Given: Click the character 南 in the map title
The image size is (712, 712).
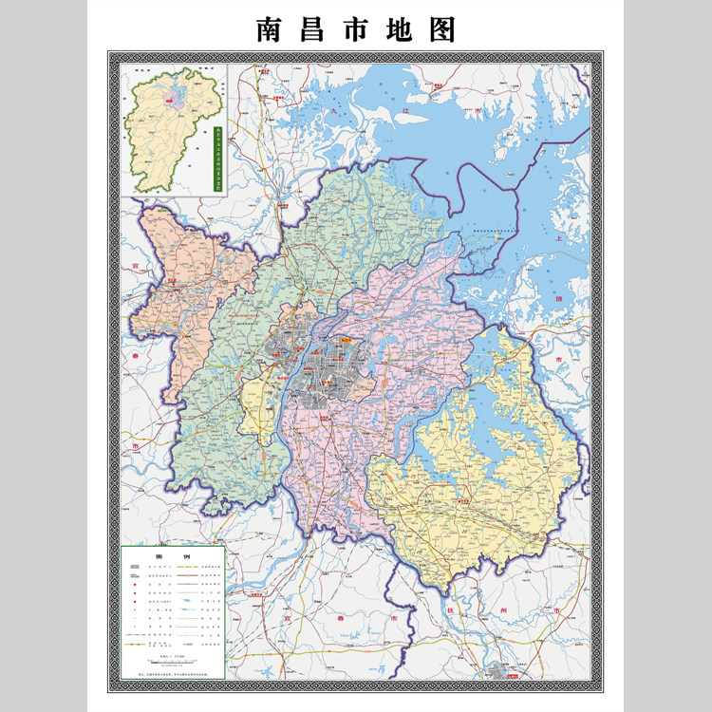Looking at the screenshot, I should tap(270, 29).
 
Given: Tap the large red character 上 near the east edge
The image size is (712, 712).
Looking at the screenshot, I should tap(559, 237).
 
